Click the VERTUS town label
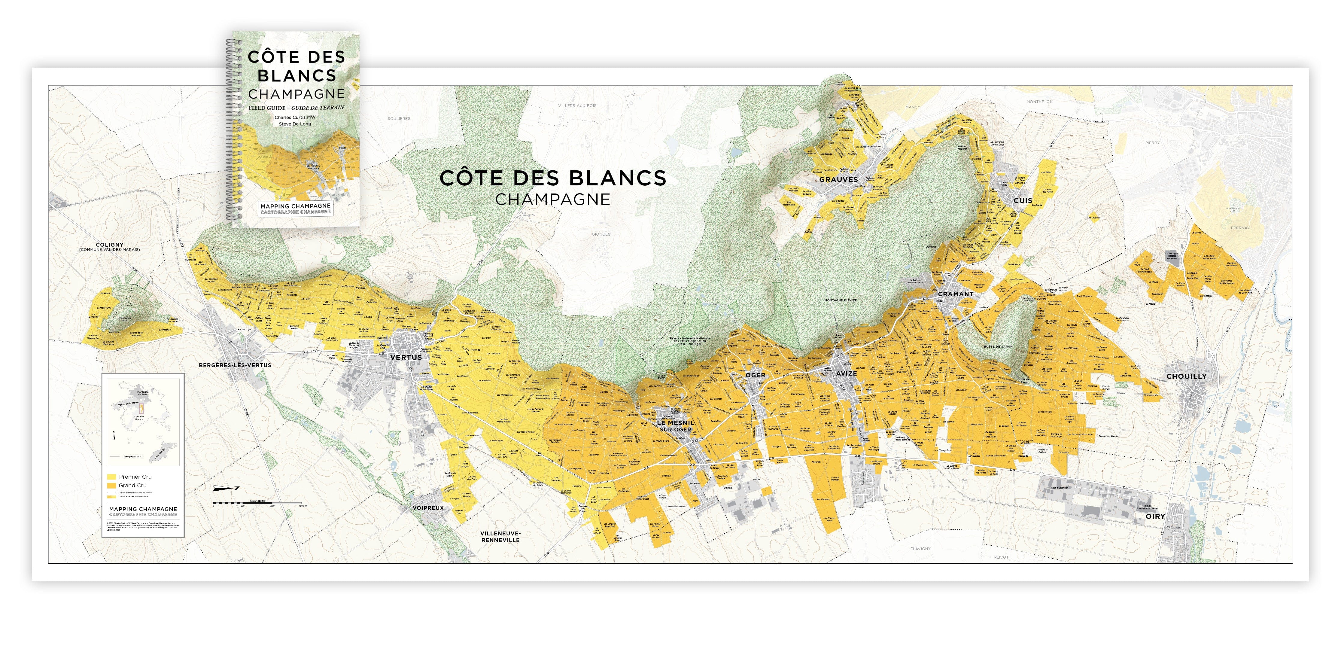pyautogui.click(x=406, y=357)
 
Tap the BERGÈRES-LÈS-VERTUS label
pyautogui.click(x=235, y=365)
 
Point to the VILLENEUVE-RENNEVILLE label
pyautogui.click(x=500, y=537)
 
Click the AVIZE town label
pyautogui.click(x=847, y=373)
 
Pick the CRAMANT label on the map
pyautogui.click(x=955, y=294)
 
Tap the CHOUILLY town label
pyautogui.click(x=1186, y=376)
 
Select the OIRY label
pyautogui.click(x=1155, y=516)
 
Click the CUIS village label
pyautogui.click(x=1022, y=200)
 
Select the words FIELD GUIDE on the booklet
pyautogui.click(x=266, y=108)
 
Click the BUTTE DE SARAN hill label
pyautogui.click(x=998, y=346)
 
